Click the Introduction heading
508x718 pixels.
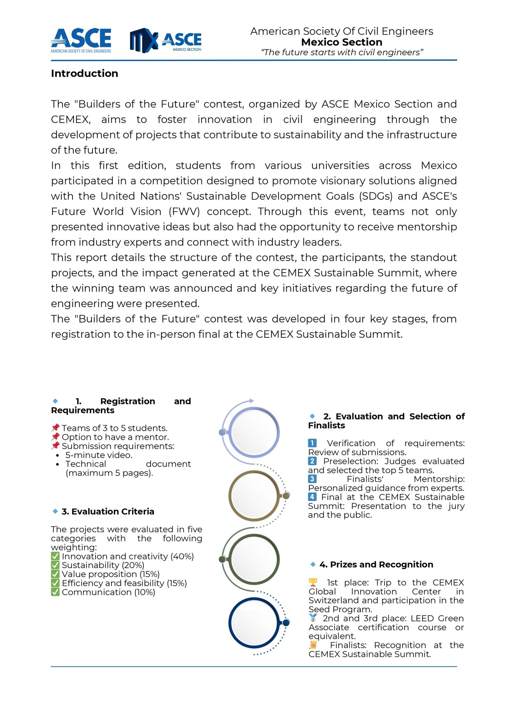pyautogui.click(x=84, y=74)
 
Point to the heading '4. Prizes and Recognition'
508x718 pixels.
pyautogui.click(x=376, y=564)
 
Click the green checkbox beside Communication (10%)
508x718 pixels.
pyautogui.click(x=55, y=592)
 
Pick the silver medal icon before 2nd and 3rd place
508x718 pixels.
pyautogui.click(x=313, y=618)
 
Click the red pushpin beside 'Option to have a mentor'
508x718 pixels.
pyautogui.click(x=55, y=437)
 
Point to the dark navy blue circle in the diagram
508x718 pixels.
pyautogui.click(x=254, y=622)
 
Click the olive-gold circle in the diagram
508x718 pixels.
pyautogui.click(x=254, y=496)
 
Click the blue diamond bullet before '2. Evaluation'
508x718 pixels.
pyautogui.click(x=312, y=416)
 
